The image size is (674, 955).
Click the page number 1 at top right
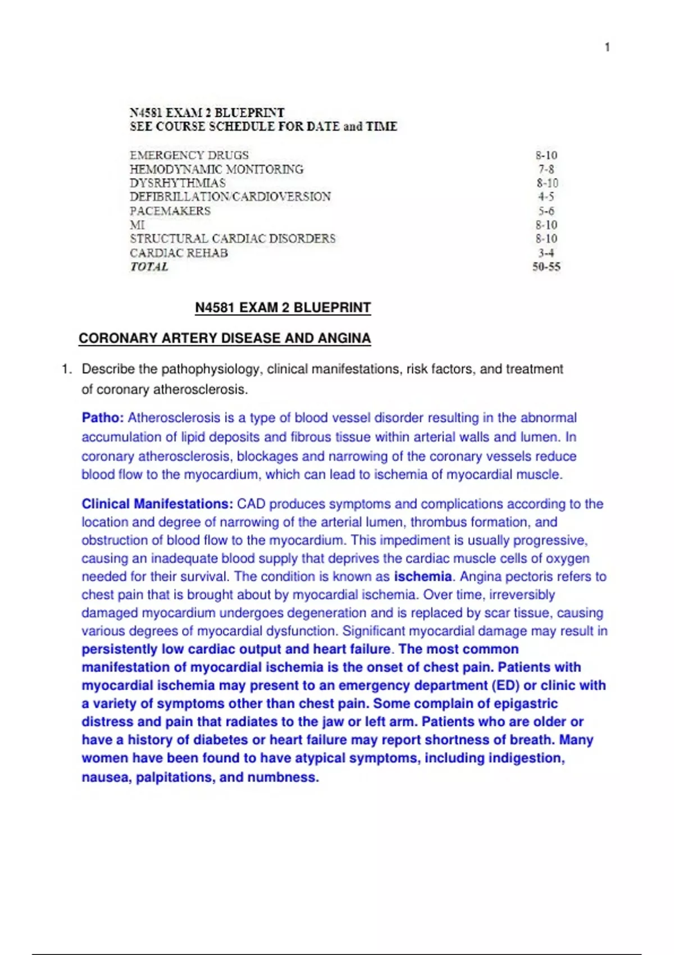(x=607, y=47)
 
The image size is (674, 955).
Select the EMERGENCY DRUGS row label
(x=189, y=155)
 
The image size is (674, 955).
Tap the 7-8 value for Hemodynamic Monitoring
(x=546, y=169)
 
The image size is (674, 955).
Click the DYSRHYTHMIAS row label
(x=177, y=183)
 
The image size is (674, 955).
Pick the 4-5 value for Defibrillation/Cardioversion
(x=546, y=197)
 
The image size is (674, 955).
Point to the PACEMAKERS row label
(x=170, y=211)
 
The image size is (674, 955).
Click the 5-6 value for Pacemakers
(x=546, y=211)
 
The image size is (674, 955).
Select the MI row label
(x=137, y=225)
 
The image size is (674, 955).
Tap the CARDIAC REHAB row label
(x=179, y=253)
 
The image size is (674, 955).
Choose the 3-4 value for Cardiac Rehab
(x=546, y=253)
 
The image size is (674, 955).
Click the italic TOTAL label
(x=149, y=267)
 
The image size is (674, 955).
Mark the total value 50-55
(x=546, y=267)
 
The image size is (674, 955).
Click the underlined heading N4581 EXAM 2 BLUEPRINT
(x=283, y=308)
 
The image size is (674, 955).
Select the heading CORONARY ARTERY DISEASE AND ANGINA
(x=224, y=338)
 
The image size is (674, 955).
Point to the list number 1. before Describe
(x=67, y=369)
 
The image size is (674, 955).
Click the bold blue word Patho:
(x=102, y=418)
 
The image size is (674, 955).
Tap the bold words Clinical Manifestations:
(x=157, y=504)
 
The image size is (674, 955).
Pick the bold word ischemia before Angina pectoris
(x=422, y=576)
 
